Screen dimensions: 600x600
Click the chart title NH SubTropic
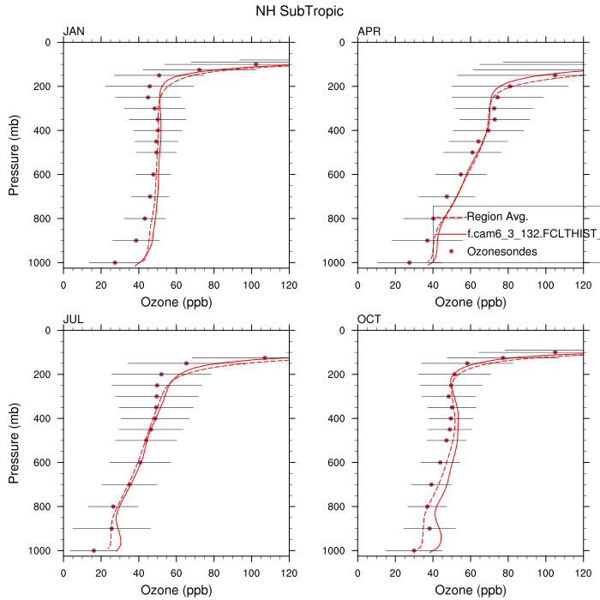299,12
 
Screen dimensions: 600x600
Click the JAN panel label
74,32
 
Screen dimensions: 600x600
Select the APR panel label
369,32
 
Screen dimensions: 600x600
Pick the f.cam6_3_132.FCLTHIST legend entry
531,233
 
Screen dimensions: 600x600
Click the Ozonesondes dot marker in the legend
451,251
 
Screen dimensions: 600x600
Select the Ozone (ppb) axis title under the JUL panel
177,591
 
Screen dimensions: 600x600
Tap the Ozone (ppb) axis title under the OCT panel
470,591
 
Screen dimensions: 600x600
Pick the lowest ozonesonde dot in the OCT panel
414,550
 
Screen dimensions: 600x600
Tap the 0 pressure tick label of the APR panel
345,42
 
